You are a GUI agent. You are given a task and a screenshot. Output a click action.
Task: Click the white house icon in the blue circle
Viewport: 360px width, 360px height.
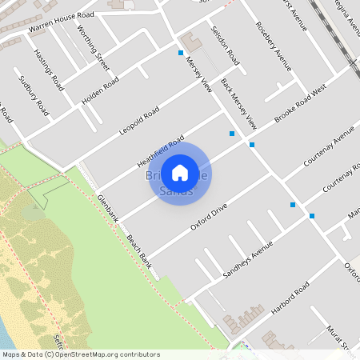tap(180, 172)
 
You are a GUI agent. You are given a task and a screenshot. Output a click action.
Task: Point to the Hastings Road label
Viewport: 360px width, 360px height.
tap(49, 69)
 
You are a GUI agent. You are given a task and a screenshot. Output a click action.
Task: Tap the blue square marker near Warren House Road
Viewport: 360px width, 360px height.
tap(181, 54)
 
